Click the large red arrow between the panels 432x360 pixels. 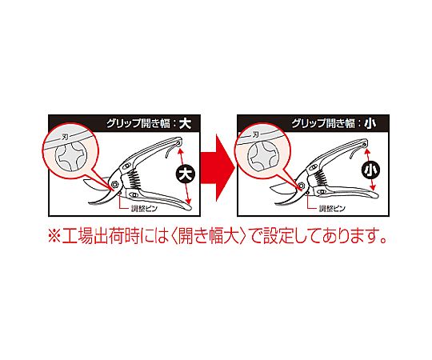point(218,168)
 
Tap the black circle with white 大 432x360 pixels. point(186,174)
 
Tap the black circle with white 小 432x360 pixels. point(370,170)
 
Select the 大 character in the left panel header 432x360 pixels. point(185,123)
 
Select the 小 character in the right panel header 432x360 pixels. point(370,123)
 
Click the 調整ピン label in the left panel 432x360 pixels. point(144,209)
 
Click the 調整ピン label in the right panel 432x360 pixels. point(332,209)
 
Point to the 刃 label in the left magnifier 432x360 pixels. point(65,136)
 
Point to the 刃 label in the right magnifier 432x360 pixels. point(255,134)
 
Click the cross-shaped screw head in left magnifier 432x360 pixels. point(71,157)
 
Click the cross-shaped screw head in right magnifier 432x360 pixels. point(262,156)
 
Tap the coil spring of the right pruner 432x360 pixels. point(321,177)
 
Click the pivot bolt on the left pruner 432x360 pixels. point(114,184)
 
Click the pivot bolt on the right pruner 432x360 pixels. point(301,186)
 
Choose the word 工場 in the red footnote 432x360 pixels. point(77,236)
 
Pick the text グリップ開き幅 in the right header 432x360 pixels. point(323,123)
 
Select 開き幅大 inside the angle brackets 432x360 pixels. point(208,236)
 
